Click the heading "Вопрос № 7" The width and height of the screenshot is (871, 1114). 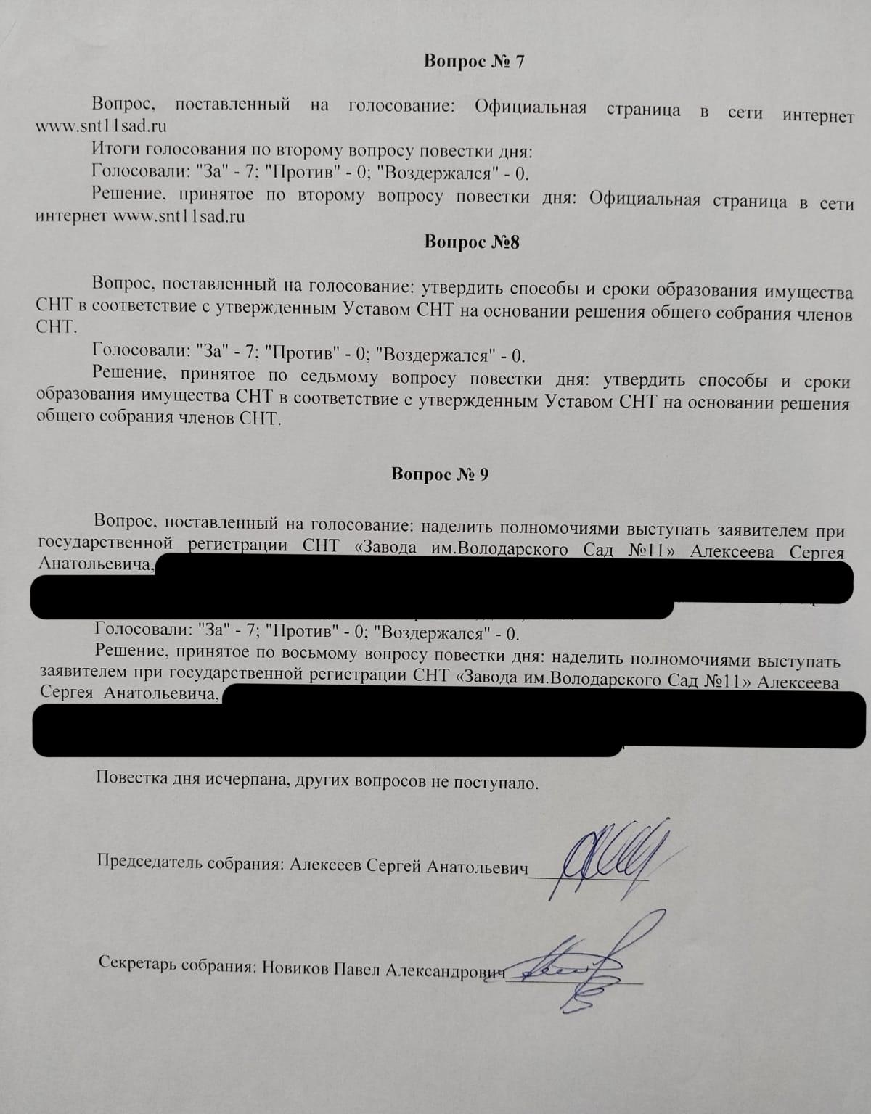pyautogui.click(x=473, y=61)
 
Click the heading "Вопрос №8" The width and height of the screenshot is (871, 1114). pyautogui.click(x=472, y=242)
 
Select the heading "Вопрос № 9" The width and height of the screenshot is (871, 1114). pyautogui.click(x=440, y=474)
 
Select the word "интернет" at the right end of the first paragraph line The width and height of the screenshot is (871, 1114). pyautogui.click(x=818, y=116)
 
